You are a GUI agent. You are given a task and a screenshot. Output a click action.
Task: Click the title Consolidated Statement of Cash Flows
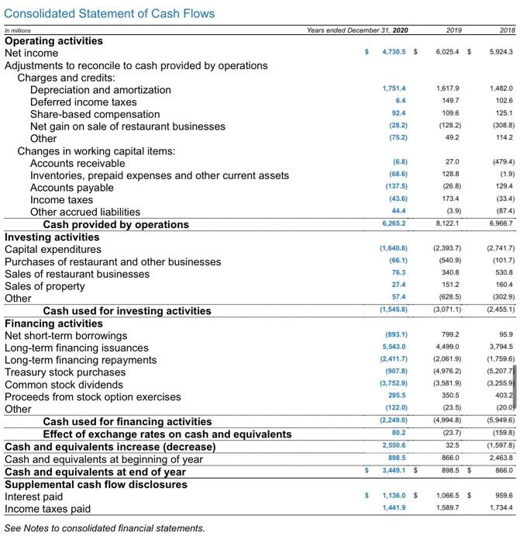click(x=109, y=13)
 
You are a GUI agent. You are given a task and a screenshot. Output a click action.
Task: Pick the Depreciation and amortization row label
click(x=101, y=90)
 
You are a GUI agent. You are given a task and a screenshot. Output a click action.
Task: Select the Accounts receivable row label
click(x=77, y=164)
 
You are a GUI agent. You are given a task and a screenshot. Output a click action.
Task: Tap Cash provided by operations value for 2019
click(x=447, y=224)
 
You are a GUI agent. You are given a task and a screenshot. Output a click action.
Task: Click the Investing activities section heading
click(x=52, y=237)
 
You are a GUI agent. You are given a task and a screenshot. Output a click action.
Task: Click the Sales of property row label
click(x=45, y=286)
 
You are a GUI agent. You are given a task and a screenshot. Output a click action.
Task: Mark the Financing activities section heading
click(x=53, y=323)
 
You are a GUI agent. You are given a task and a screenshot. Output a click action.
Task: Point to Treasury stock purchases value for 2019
click(x=446, y=372)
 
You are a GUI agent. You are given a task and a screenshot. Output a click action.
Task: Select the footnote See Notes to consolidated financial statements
click(x=105, y=527)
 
